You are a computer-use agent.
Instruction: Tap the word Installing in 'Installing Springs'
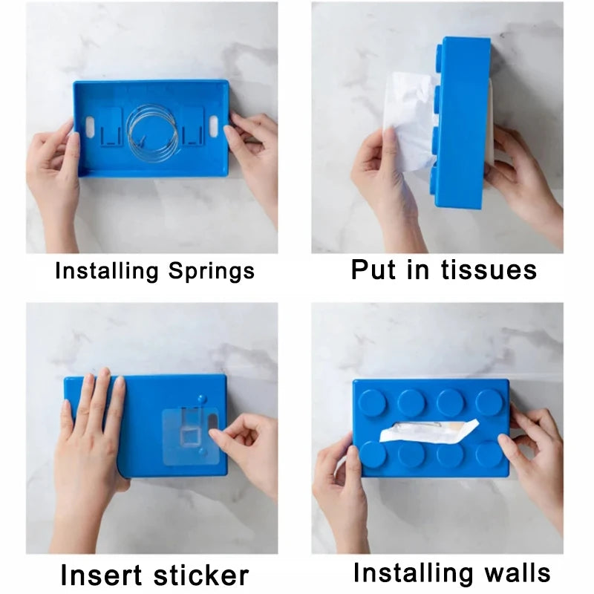107,271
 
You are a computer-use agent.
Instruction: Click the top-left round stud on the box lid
372,402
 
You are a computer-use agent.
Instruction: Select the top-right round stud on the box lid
489,402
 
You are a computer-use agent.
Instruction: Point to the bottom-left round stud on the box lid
372,453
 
